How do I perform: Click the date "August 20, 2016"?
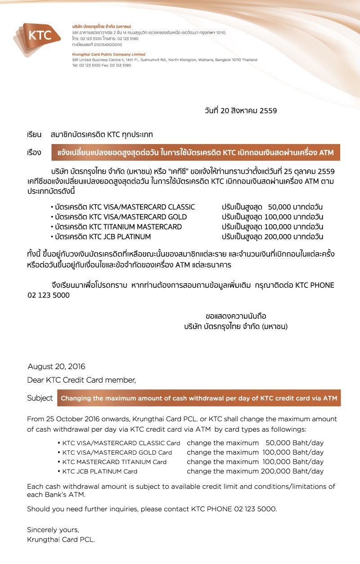[x=56, y=366]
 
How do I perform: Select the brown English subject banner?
[x=198, y=398]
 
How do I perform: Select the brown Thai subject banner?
[x=195, y=153]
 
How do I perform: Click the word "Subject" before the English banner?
[x=40, y=398]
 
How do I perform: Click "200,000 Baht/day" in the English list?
[x=291, y=471]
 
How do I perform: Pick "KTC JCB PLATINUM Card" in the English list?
[x=100, y=471]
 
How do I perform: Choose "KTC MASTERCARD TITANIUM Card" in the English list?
[x=114, y=462]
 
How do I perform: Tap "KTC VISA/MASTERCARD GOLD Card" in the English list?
[x=117, y=452]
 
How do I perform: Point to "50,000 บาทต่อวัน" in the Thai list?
[x=295, y=207]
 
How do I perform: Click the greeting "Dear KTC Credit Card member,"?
[x=81, y=380]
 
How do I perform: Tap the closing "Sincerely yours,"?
[x=53, y=529]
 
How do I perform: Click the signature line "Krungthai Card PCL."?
[x=61, y=539]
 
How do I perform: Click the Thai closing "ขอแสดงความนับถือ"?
[x=236, y=316]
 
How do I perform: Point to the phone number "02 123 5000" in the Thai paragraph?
[x=49, y=295]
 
